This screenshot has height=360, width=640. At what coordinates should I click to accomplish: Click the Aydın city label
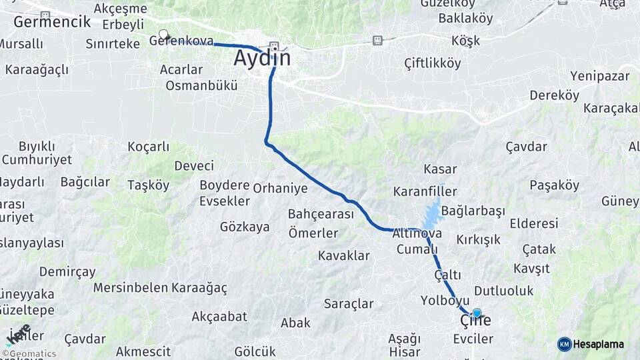click(262, 58)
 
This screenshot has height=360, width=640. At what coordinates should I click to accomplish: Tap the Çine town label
click(475, 321)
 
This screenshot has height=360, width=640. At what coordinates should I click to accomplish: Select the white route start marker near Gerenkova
click(163, 34)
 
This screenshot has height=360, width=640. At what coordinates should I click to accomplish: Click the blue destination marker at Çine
click(477, 313)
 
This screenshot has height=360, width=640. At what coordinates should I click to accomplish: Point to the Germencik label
click(52, 21)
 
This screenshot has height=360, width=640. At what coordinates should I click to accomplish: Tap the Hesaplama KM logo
click(590, 344)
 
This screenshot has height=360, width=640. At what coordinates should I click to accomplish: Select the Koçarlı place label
click(148, 147)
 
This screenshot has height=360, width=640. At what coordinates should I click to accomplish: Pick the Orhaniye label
click(280, 188)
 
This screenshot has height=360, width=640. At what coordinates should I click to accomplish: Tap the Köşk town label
click(465, 41)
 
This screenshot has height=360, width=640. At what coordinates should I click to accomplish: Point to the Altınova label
click(417, 233)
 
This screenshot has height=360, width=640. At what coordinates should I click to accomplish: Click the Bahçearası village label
click(321, 214)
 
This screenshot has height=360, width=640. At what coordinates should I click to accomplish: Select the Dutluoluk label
click(505, 291)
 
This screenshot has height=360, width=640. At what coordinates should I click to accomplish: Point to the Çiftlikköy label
click(433, 63)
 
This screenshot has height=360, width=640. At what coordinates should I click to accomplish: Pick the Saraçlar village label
click(349, 304)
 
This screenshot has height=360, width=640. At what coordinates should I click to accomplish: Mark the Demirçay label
click(67, 272)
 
